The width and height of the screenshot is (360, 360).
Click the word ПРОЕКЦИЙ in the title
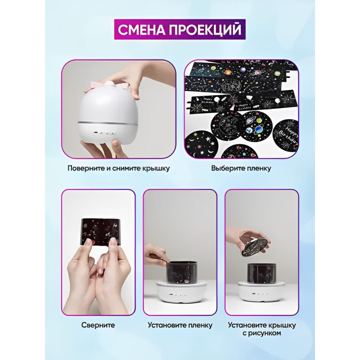[205, 30]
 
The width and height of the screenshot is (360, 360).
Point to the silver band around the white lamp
[108, 123]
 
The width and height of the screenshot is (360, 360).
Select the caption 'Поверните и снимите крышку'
[119, 168]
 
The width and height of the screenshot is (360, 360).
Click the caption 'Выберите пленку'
[241, 168]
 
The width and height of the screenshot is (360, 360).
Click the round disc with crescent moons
[201, 144]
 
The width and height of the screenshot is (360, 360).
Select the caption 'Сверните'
[98, 325]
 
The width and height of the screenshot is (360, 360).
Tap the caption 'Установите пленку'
[180, 325]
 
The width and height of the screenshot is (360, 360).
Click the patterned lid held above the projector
[255, 246]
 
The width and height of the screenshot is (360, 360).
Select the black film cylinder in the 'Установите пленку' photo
[180, 272]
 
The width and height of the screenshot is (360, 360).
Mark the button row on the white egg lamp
[104, 133]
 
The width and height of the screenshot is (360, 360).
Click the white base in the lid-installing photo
[262, 292]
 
